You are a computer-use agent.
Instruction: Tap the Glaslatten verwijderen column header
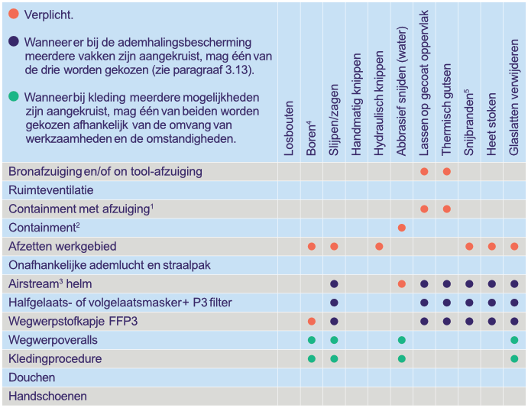tap(514, 96)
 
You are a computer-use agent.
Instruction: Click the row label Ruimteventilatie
tap(51, 190)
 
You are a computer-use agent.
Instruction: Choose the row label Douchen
tap(32, 377)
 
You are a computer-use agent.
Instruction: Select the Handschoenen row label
tap(47, 397)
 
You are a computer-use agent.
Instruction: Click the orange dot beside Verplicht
tap(14, 15)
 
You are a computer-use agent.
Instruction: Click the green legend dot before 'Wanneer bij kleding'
tap(14, 98)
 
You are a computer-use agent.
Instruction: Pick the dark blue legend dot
tap(14, 42)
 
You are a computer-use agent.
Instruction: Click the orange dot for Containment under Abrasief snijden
tap(402, 228)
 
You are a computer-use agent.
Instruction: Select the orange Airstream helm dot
tap(402, 284)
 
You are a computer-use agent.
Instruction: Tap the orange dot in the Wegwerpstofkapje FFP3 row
tap(312, 321)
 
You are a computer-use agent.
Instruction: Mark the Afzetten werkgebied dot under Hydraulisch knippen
tap(379, 246)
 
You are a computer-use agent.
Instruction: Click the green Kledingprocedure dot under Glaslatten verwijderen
tap(514, 358)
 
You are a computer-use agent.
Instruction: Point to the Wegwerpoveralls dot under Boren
tap(312, 340)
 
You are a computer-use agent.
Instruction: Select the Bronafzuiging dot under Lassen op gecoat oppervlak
tap(424, 171)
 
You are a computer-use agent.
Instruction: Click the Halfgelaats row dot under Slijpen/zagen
tap(334, 303)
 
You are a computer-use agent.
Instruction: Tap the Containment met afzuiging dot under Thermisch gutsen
tap(447, 209)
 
